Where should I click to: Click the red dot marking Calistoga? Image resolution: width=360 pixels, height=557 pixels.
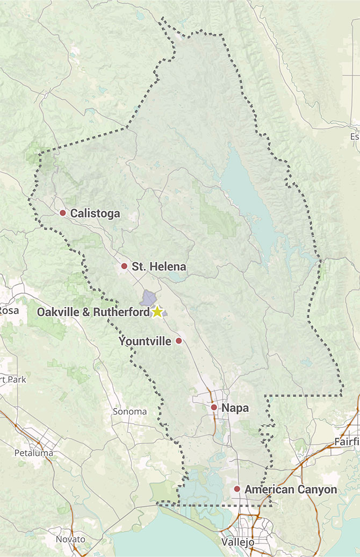62,213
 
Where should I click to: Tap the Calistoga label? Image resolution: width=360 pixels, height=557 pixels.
95,213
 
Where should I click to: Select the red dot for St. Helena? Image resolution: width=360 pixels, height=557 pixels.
124,266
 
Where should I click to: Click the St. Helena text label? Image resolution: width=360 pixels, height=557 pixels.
159,266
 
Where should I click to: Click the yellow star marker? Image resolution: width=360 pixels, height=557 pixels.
157,312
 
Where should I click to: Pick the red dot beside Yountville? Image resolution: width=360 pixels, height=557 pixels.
179,341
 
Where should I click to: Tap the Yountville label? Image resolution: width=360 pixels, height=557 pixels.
145,341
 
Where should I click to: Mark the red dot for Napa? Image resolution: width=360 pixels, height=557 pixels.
214,408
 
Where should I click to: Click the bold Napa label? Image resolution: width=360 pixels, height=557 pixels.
235,408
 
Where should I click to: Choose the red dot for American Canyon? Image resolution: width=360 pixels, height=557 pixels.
236,489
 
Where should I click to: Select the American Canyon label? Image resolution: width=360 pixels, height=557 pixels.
291,489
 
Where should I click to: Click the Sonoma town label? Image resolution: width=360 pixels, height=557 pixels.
129,411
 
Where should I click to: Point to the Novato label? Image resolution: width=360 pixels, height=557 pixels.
70,539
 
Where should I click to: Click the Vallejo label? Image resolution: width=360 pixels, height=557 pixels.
237,542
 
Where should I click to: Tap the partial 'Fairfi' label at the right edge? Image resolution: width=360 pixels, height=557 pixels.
347,441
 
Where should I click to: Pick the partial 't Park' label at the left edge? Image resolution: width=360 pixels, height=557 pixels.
13,379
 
